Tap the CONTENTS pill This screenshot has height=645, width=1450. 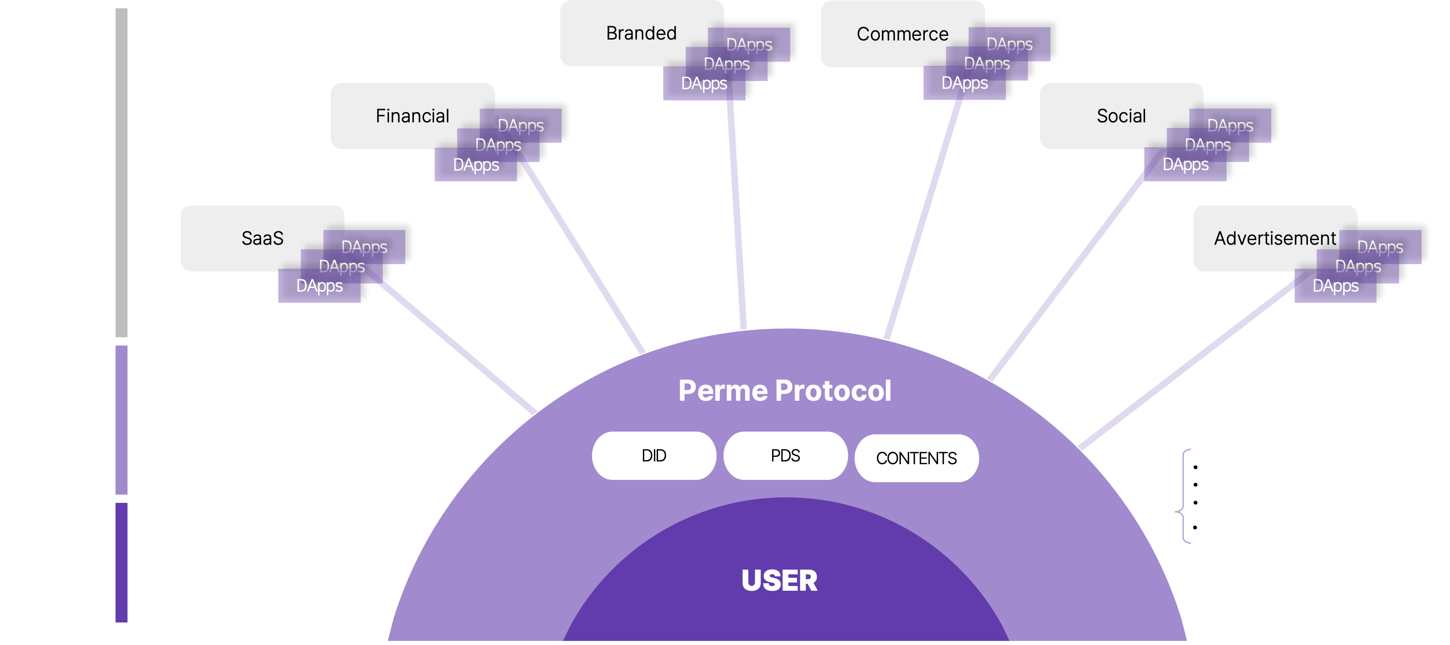pos(917,458)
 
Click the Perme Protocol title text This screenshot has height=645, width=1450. pos(785,391)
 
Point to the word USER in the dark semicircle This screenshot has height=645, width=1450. pos(779,581)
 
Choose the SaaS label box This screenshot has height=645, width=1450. pos(262,238)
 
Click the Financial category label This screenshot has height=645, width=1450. pos(412,116)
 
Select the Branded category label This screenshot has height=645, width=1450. pos(641,33)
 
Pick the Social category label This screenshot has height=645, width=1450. pos(1121,116)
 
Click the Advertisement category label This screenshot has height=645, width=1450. pos(1274,238)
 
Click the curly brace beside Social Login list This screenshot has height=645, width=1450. pos(1183,496)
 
